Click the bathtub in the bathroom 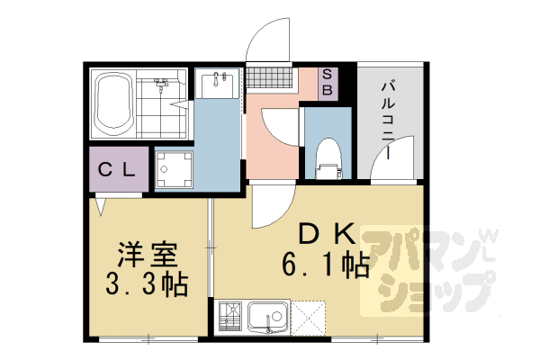[x=113, y=104]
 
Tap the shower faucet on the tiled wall [x=161, y=85]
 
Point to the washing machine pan [x=174, y=169]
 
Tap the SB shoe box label [x=328, y=84]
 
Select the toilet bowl [x=328, y=157]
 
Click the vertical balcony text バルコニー [x=388, y=121]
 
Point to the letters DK [x=327, y=234]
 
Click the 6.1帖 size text [x=326, y=265]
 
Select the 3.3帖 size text [x=147, y=284]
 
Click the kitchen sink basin [x=268, y=318]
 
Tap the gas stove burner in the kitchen [x=230, y=317]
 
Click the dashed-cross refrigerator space [x=308, y=318]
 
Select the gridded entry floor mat [x=269, y=77]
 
